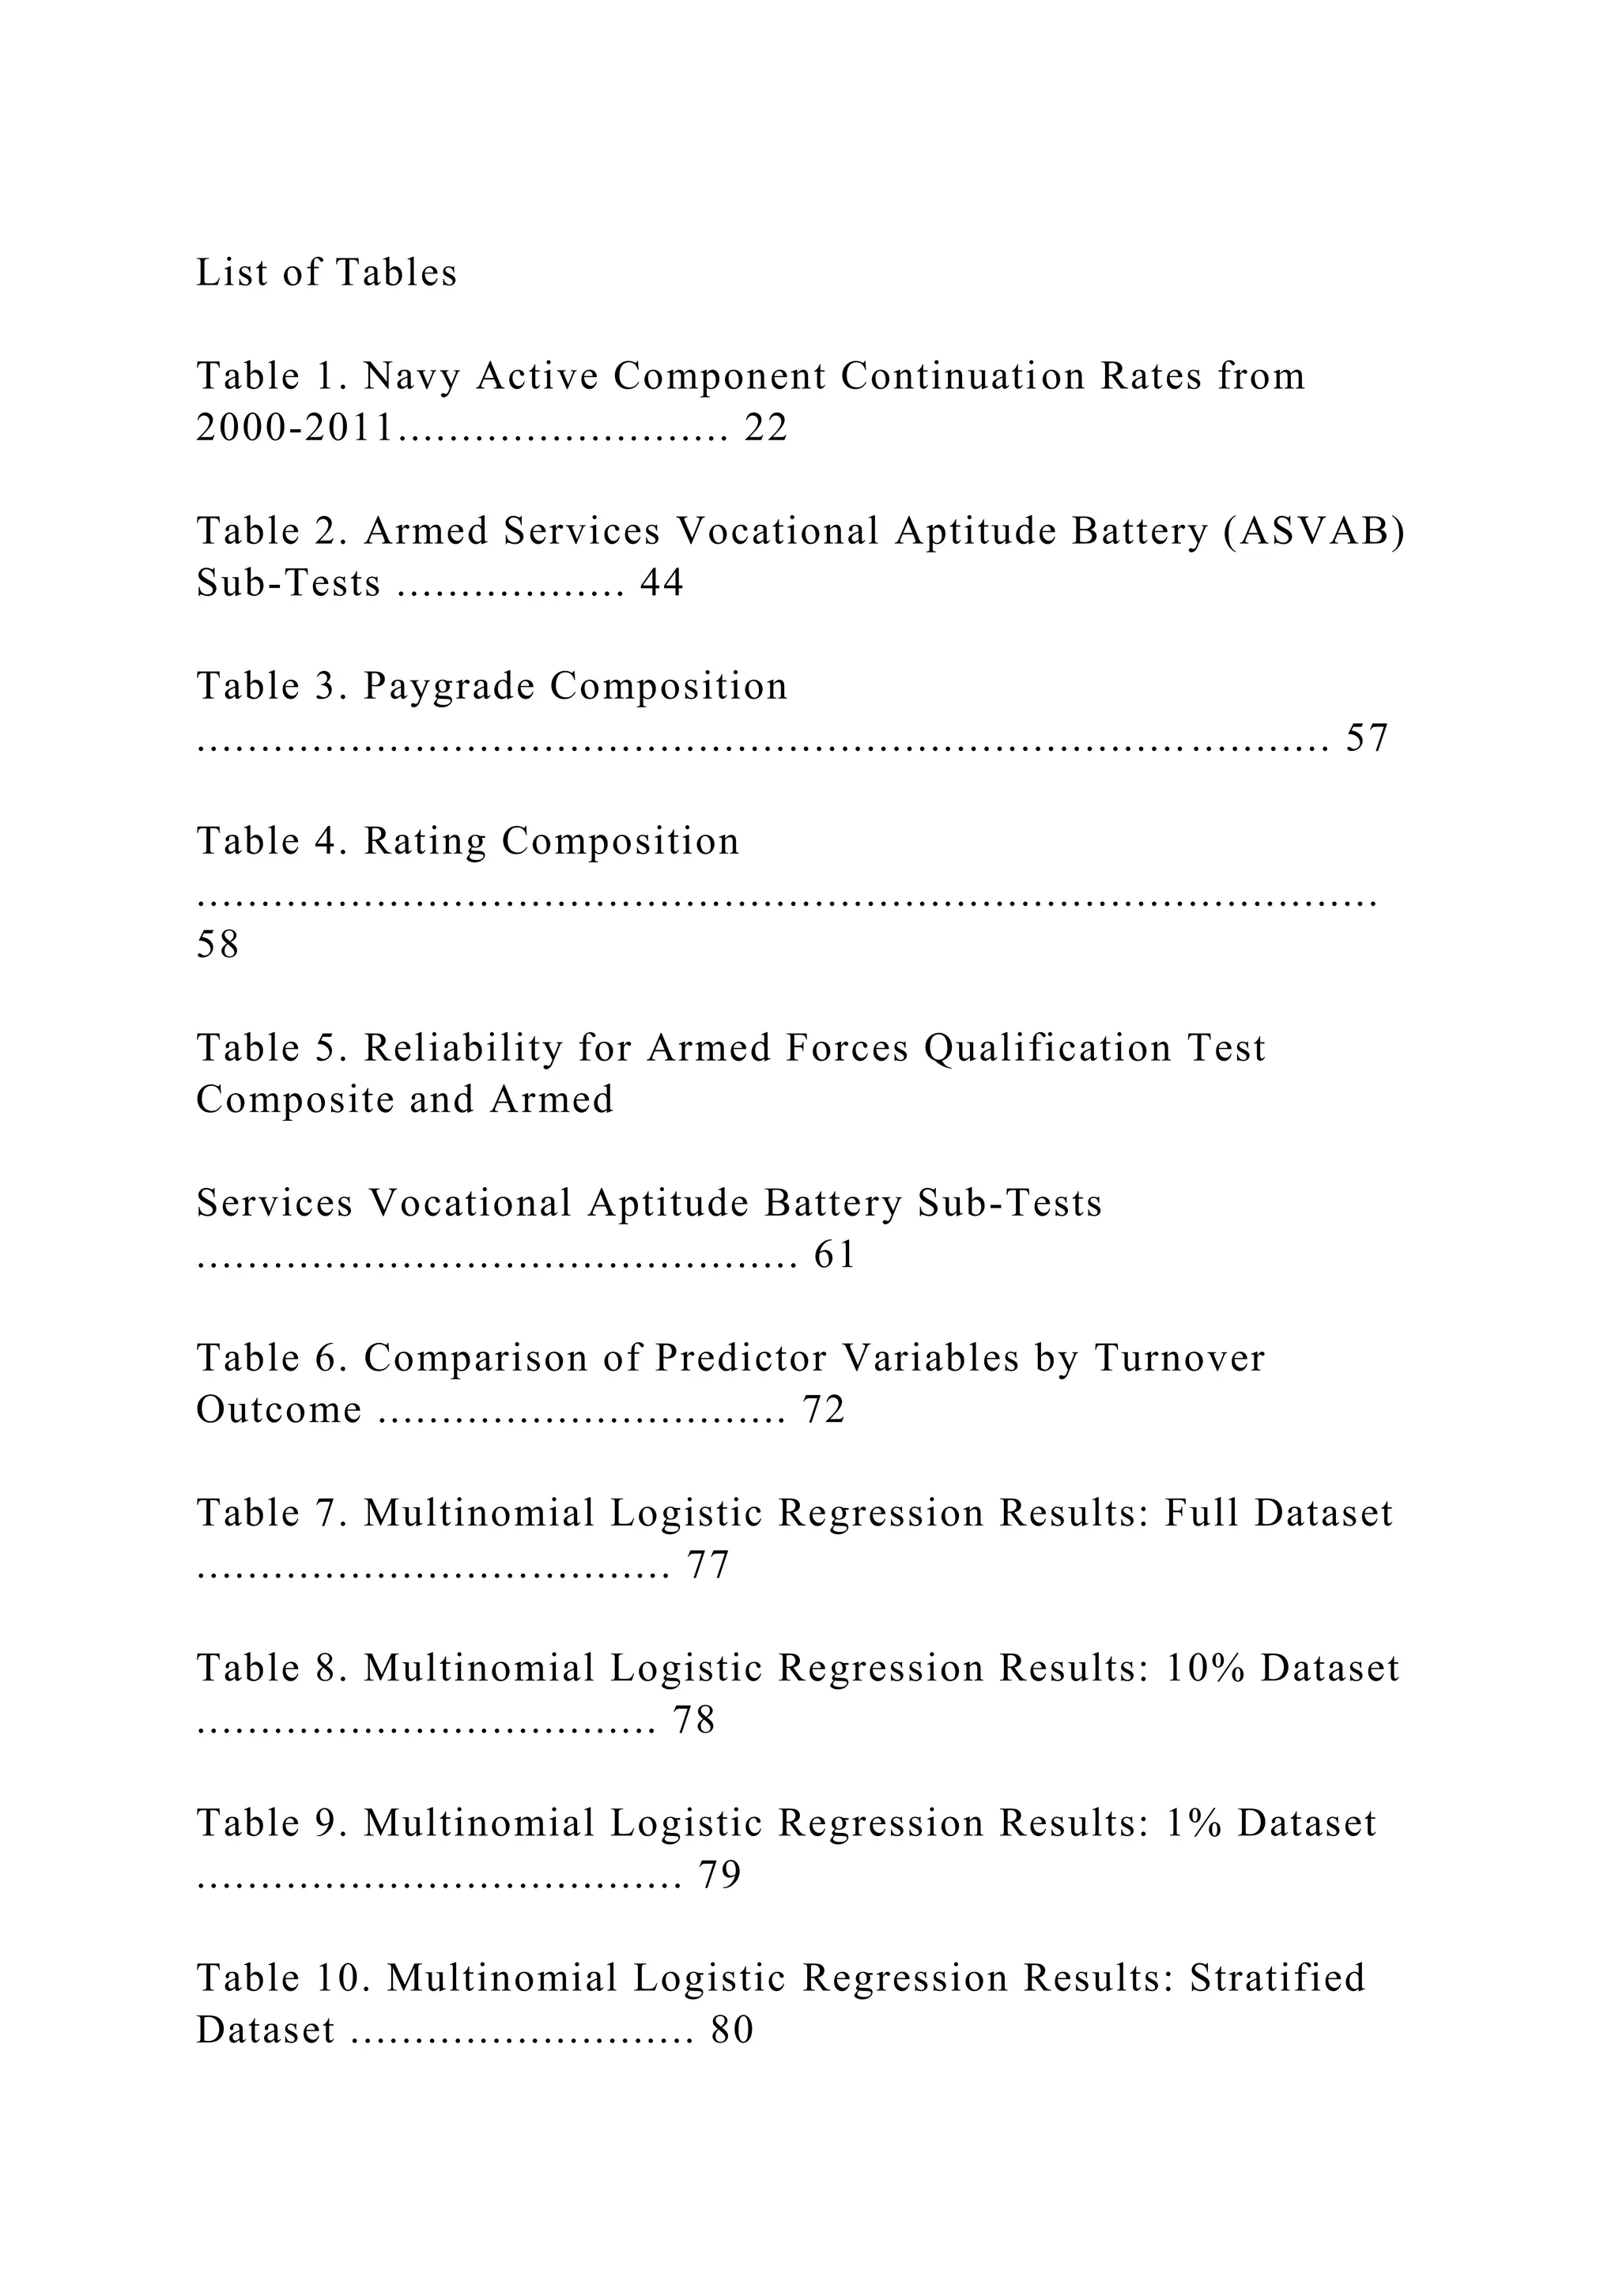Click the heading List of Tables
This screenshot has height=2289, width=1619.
[x=326, y=272]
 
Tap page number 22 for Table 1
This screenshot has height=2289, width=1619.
[x=766, y=428]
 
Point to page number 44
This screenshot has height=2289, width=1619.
[x=661, y=583]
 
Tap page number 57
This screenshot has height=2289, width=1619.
[x=1367, y=739]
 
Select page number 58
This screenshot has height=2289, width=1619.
[x=217, y=944]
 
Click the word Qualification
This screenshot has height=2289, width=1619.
[x=1047, y=1048]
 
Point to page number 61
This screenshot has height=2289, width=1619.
[x=835, y=1255]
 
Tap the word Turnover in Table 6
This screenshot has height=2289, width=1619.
[x=1179, y=1358]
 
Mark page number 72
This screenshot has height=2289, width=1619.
[x=824, y=1410]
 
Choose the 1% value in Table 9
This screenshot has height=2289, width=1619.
[x=1194, y=1823]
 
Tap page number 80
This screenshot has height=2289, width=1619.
[x=732, y=2030]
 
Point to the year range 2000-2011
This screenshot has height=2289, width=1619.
[x=295, y=428]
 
